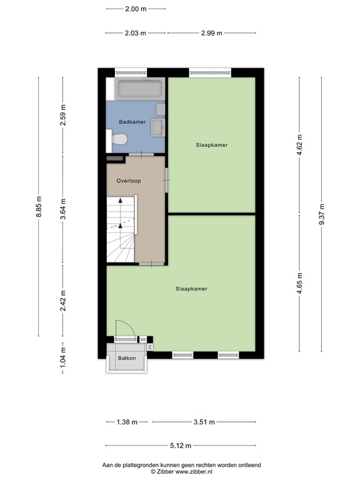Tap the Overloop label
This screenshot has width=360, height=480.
click(x=128, y=181)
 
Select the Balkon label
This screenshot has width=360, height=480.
click(x=127, y=358)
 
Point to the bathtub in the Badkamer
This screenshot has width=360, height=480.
click(x=140, y=88)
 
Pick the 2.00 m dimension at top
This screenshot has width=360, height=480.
click(x=136, y=9)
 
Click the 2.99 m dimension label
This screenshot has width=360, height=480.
click(x=211, y=33)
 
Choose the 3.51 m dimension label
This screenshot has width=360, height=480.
click(x=204, y=422)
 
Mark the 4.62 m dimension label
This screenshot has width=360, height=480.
click(x=300, y=146)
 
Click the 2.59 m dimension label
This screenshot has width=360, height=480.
click(x=62, y=116)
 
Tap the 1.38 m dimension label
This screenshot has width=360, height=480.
click(x=127, y=422)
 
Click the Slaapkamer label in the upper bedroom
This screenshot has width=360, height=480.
click(x=211, y=144)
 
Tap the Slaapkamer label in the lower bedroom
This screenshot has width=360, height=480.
click(x=191, y=289)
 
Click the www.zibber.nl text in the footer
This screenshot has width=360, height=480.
click(x=195, y=472)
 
